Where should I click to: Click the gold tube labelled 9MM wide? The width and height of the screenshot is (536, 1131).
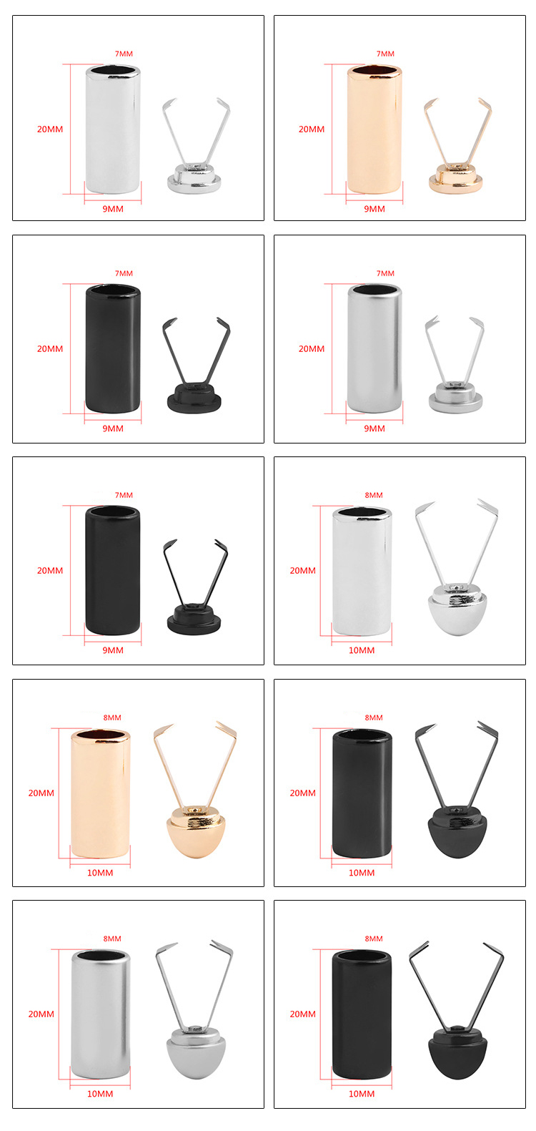click(374, 129)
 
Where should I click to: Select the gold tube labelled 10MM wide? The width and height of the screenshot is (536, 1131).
click(100, 793)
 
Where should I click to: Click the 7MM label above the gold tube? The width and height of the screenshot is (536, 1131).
click(385, 54)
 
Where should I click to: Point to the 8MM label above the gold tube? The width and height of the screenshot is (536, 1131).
click(112, 718)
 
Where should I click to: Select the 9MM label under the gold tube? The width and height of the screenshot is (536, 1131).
click(374, 209)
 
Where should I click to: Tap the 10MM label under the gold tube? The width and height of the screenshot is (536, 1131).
click(100, 873)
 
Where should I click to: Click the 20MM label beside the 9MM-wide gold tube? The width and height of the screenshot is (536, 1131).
click(311, 129)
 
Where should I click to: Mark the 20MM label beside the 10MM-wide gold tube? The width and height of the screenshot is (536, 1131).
click(41, 793)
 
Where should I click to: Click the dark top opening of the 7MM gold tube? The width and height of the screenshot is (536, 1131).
click(374, 71)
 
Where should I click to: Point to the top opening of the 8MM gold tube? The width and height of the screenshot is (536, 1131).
click(100, 735)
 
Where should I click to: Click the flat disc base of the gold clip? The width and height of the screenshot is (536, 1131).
click(456, 182)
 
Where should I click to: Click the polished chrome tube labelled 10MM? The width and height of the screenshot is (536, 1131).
click(362, 571)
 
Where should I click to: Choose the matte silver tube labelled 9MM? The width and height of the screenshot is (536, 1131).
click(374, 348)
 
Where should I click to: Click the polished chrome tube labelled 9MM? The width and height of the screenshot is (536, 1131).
click(112, 129)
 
